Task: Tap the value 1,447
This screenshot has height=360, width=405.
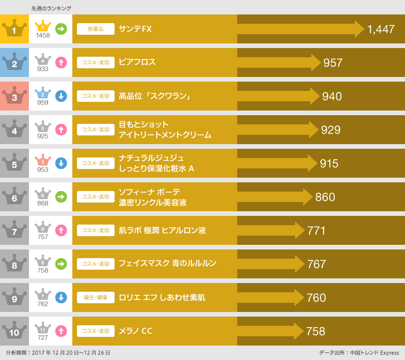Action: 381,29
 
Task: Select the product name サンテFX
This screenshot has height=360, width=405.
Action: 135,29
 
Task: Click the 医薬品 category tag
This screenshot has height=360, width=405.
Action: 95,29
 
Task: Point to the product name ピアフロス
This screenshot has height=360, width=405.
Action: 137,63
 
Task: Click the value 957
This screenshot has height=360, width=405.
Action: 333,63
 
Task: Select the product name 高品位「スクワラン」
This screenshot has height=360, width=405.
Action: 154,96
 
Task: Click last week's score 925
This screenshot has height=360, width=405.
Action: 43,136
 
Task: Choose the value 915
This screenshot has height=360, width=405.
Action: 329,163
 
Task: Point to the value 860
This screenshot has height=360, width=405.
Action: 325,197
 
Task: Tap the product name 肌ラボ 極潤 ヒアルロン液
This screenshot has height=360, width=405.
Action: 162,230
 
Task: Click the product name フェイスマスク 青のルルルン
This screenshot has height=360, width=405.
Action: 167,264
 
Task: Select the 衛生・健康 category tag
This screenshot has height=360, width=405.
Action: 95,297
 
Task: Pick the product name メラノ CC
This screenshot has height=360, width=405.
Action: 135,331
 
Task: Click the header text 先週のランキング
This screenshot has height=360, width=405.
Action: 51,8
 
